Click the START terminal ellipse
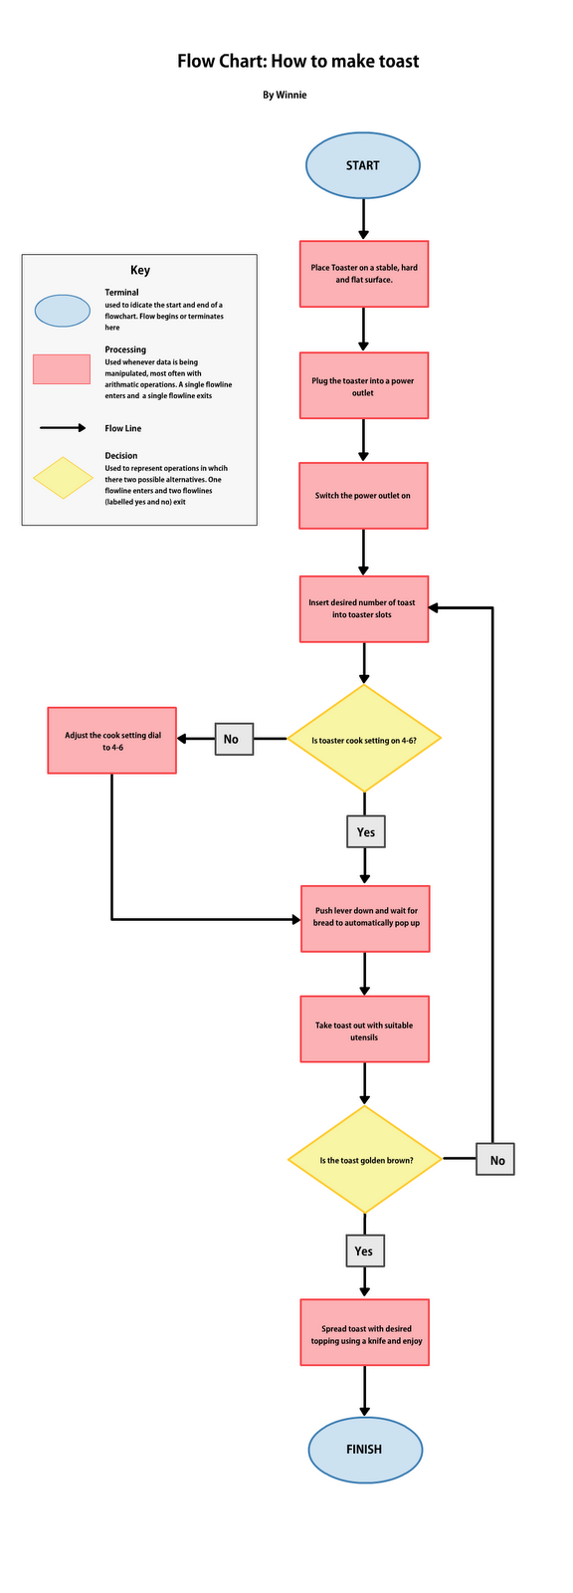(x=363, y=165)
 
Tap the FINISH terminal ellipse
(x=365, y=1450)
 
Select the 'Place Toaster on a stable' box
(x=364, y=274)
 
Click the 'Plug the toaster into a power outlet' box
(x=364, y=386)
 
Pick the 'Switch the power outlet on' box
(x=363, y=496)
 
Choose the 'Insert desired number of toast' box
(x=364, y=608)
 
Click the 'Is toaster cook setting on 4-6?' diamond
(x=364, y=740)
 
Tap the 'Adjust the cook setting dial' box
(x=112, y=741)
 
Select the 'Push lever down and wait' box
(x=365, y=918)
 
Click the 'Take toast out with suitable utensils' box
(x=365, y=1030)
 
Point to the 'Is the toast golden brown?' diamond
(x=365, y=1160)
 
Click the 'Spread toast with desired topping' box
(x=365, y=1333)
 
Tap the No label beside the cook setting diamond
(x=234, y=739)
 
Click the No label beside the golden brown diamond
(x=495, y=1160)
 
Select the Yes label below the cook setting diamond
(x=365, y=831)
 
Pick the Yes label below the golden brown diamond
(x=365, y=1251)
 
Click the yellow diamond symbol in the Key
(x=64, y=478)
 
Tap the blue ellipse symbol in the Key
(x=64, y=311)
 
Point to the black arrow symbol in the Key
(x=64, y=428)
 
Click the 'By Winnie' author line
(x=285, y=96)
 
